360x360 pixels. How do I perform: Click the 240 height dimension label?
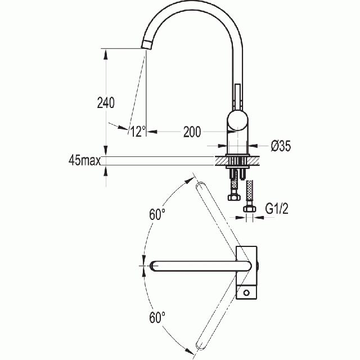point(106,102)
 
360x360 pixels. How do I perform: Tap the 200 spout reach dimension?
point(192,132)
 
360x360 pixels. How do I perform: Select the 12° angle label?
point(138,132)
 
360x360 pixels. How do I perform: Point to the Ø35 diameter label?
point(281,146)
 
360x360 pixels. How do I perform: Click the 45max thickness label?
point(84,160)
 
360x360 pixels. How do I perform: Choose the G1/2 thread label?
point(277,209)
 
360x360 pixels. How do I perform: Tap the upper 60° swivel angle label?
point(157,214)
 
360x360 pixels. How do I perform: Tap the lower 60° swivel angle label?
point(157,317)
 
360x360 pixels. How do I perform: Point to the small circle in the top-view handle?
point(246,292)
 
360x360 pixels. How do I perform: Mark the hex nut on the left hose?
point(234,197)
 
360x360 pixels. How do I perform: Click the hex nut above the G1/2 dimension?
point(250,209)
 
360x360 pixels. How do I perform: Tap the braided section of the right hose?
point(249,191)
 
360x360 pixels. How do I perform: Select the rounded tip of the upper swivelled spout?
point(200,186)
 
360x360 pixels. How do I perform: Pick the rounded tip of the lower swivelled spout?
point(200,346)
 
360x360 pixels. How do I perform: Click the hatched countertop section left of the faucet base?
point(221,161)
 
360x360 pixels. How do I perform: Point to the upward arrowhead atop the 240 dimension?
point(106,55)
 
